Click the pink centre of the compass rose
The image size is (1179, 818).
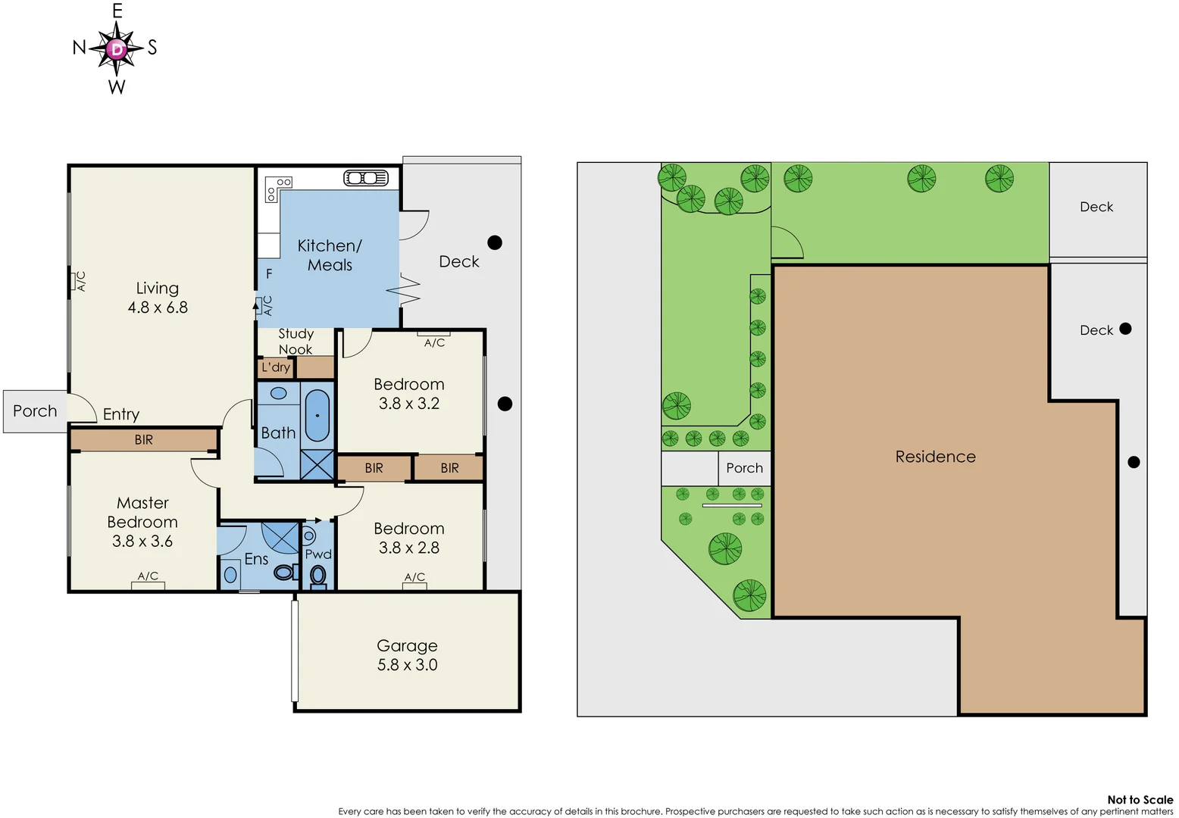coord(117,49)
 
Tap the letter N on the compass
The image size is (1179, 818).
coord(79,48)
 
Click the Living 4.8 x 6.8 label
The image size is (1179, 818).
coord(158,298)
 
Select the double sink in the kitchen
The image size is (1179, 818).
coord(366,178)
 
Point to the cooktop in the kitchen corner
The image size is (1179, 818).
coord(277,188)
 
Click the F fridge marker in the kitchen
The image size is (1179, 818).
coord(269,274)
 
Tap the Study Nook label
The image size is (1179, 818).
coord(296,341)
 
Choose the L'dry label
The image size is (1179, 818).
coord(276,367)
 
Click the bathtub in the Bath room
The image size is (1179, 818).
coord(317,415)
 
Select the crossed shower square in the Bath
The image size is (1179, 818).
coord(317,464)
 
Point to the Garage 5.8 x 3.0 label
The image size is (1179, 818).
coord(408,655)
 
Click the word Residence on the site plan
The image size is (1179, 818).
coord(935,457)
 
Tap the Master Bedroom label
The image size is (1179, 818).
coord(142,522)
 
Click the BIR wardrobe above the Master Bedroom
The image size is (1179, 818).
coord(144,440)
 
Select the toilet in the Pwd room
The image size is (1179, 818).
coord(319,576)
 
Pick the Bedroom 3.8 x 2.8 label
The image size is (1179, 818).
coord(409,538)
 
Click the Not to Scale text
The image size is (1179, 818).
coord(1140,800)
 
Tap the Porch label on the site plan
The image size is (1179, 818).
coord(744,468)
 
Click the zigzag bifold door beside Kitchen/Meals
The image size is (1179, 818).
coord(404,290)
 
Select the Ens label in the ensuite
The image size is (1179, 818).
coord(256,559)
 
